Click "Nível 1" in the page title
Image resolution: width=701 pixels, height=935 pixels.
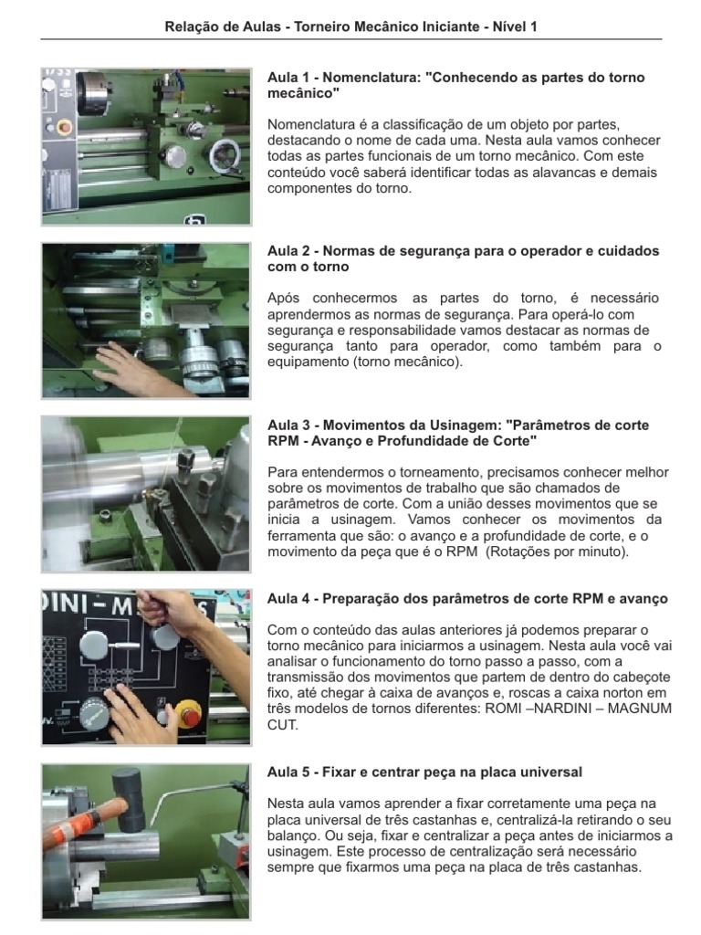(x=515, y=26)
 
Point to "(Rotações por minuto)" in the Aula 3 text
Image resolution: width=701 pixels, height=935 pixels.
(x=558, y=552)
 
